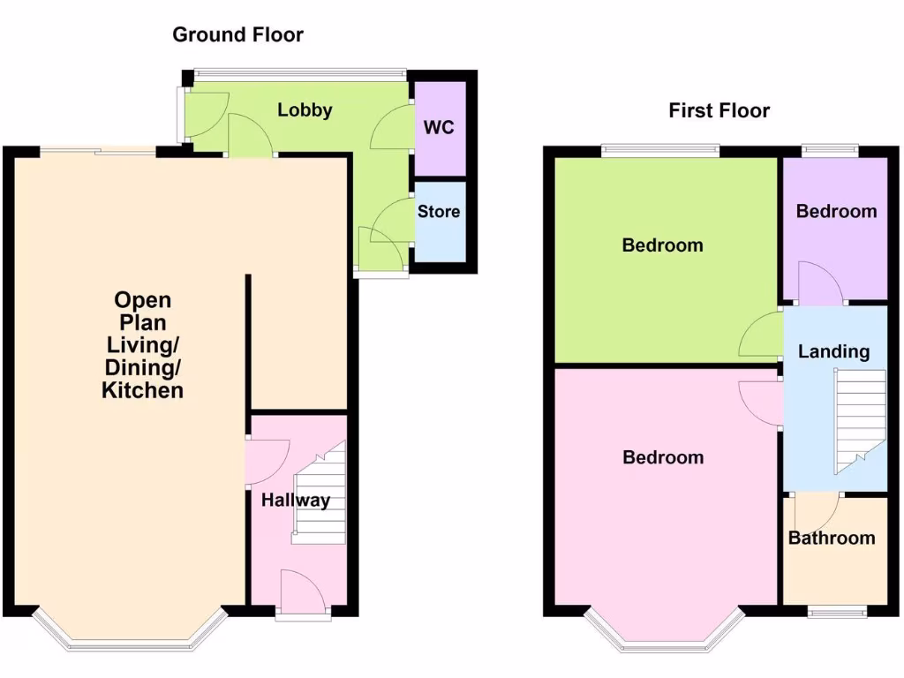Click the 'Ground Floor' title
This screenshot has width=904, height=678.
[x=237, y=35]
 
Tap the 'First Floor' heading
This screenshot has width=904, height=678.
[x=719, y=110]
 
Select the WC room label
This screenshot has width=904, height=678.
[x=439, y=127]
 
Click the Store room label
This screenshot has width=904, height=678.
[x=439, y=212]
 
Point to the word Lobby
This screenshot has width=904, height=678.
[x=305, y=110]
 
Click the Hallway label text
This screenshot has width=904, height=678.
[x=295, y=501]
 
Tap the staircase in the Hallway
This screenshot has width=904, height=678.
[x=320, y=494]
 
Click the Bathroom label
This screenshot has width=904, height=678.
[x=832, y=538]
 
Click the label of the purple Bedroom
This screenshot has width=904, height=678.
[x=836, y=211]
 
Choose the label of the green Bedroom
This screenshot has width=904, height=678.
[x=662, y=245]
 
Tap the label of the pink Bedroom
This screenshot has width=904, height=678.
[x=663, y=457]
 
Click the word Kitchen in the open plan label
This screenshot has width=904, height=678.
[x=143, y=390]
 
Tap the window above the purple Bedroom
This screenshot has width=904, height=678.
[x=830, y=150]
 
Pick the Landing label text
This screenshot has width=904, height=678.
[x=833, y=351]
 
